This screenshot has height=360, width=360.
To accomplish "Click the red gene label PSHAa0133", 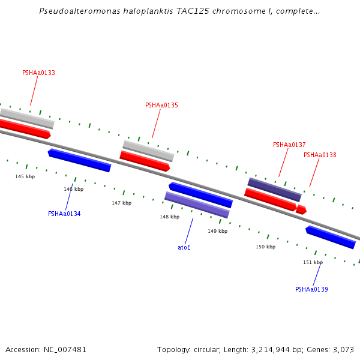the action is coord(38,73).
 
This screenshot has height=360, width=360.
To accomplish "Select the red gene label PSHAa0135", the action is coord(161,106).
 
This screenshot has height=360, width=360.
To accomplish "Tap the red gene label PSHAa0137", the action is coord(289,145).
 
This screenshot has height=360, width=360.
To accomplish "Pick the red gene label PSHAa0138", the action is coord(320,155).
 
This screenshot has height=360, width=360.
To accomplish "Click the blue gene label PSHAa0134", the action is coord(64,214).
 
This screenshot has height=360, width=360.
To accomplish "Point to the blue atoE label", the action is coord(184,247).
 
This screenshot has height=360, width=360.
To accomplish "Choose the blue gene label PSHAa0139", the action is coord(311,290).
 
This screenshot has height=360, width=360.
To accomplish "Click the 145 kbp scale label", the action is coord(25,176).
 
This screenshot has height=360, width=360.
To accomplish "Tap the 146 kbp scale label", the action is coord(74,190).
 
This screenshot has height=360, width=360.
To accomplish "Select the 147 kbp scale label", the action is coord(121,203).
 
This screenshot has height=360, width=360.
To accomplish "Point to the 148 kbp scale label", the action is coord(169,217).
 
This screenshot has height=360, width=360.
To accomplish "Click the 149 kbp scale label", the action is coord(218,232).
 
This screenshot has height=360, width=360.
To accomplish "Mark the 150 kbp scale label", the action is coord(265,247).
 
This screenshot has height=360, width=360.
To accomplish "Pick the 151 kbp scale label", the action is coord(313,262).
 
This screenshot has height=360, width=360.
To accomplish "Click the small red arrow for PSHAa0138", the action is coord(301,210).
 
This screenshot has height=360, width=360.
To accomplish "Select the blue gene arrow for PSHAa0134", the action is coord(79,160).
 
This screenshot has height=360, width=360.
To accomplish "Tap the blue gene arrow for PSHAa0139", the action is coord(331,237).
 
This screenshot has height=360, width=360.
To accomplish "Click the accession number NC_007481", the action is coord(64,349).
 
